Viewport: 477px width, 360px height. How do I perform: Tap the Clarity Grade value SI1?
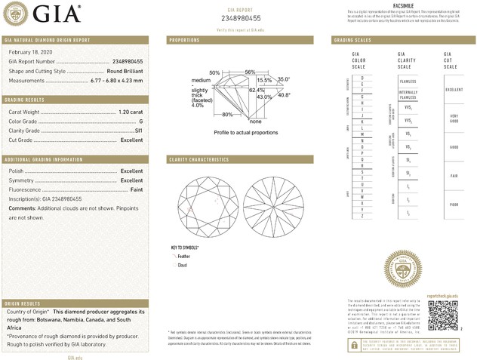pos(138,131)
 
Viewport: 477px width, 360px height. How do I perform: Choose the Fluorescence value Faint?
pos(135,190)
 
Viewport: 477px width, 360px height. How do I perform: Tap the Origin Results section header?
pos(23,303)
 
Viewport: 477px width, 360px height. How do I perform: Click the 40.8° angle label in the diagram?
pos(285,94)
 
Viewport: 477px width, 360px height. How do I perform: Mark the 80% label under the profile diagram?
pos(227,115)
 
